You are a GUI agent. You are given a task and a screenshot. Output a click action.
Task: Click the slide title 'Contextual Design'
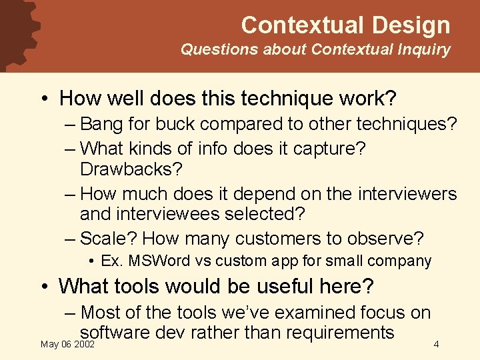(x=345, y=25)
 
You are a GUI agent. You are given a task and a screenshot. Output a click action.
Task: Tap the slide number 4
(x=435, y=345)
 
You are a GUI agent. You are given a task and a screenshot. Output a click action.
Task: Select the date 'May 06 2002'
(x=67, y=345)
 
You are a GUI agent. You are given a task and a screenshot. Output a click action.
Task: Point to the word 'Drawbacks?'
(x=131, y=169)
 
